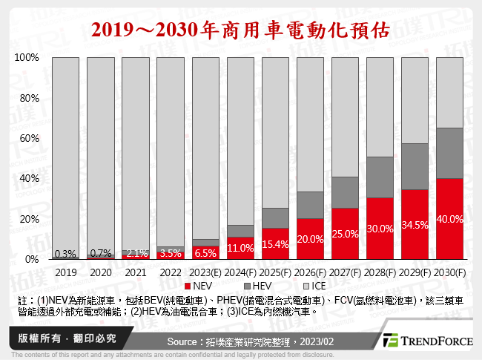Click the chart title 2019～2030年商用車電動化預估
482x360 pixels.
[240, 27]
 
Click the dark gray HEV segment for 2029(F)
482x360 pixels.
[415, 166]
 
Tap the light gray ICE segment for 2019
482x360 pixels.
[65, 148]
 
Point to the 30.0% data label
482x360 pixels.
[380, 229]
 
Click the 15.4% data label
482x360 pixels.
[275, 243]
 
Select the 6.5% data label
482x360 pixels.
[205, 252]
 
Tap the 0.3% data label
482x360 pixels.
[65, 253]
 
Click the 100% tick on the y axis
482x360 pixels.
[27, 58]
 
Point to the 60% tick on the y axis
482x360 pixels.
[29, 139]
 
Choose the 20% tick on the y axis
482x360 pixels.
[29, 220]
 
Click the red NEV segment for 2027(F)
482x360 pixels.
[345, 234]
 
